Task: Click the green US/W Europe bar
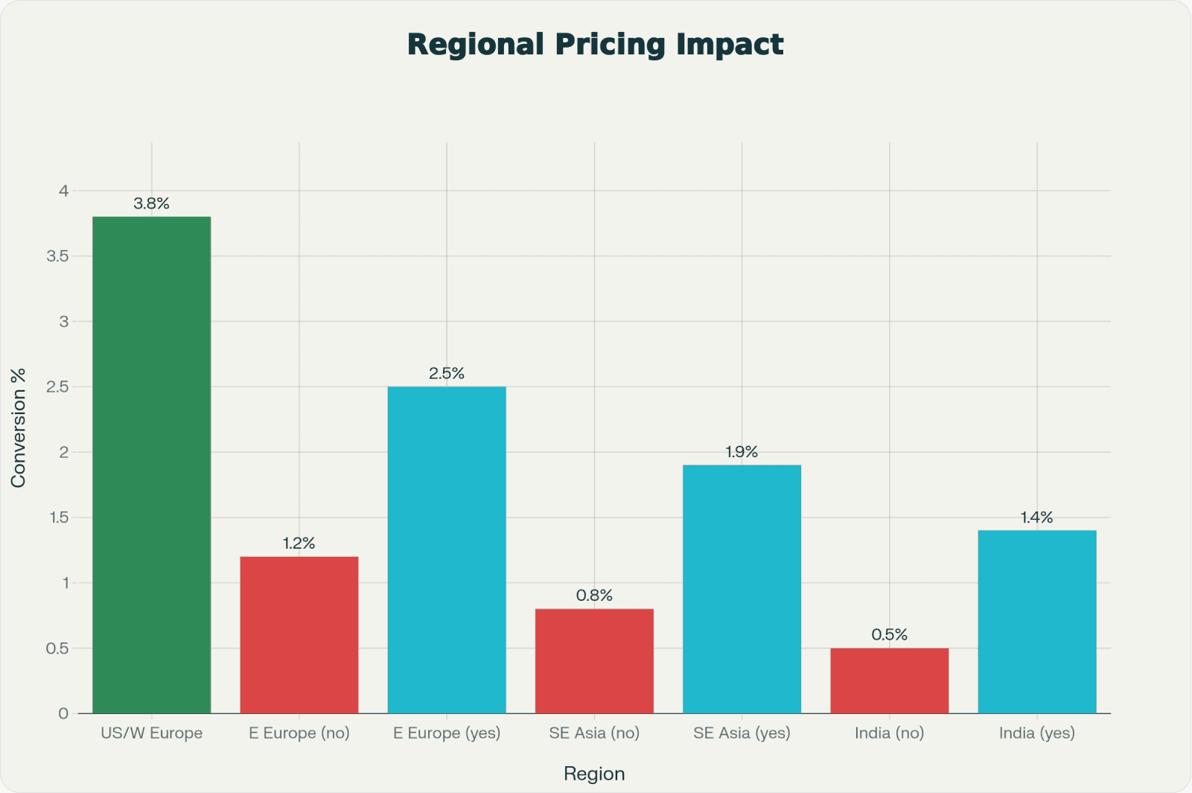click(151, 465)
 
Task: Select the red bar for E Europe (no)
click(299, 634)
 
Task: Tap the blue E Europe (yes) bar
click(447, 550)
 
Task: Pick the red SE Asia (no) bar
click(594, 660)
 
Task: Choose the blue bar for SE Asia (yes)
click(742, 589)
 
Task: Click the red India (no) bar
click(889, 681)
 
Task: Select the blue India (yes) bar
click(1036, 622)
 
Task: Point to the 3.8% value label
click(151, 203)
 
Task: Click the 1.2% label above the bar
click(299, 544)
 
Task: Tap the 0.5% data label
click(889, 634)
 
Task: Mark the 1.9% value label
click(742, 452)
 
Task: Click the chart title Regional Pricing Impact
click(595, 44)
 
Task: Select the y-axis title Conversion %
click(19, 428)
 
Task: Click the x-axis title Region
click(594, 774)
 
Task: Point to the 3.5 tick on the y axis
click(57, 256)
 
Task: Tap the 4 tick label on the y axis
click(64, 191)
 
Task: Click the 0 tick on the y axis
click(63, 713)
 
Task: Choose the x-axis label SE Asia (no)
click(594, 733)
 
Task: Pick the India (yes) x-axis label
click(1036, 733)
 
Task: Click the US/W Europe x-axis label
click(151, 733)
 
